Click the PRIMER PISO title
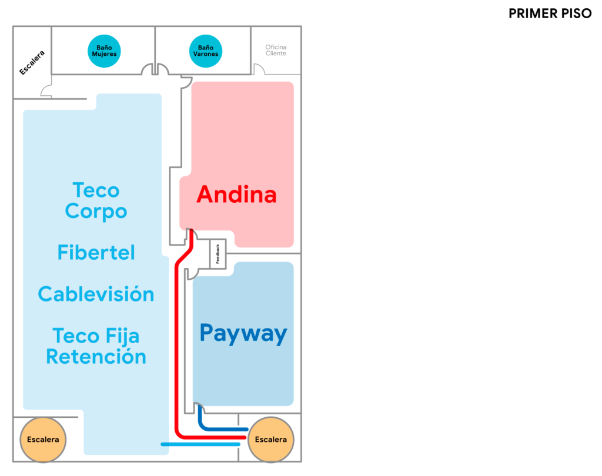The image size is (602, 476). pos(550,14)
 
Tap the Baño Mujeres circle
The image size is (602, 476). pos(104,51)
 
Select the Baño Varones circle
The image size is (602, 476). pos(206,51)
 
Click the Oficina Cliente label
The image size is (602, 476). pos(276,50)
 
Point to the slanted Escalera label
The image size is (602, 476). pos(32,62)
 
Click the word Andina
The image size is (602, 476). pos(236,195)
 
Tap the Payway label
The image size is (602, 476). pos(243,333)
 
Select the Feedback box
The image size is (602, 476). pos(218,254)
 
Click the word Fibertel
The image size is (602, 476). pos(96,252)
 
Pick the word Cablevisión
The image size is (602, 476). pos(96,294)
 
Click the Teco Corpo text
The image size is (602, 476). pos(96,200)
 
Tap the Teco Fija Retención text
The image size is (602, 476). pos(96,346)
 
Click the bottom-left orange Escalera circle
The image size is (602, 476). pos(43,440)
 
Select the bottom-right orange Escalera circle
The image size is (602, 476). pos(271,440)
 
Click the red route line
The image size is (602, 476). pos(177,353)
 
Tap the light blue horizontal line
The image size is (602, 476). pos(200,444)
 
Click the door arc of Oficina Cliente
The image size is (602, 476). pos(259,69)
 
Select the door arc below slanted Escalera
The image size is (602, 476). pos(46,90)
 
